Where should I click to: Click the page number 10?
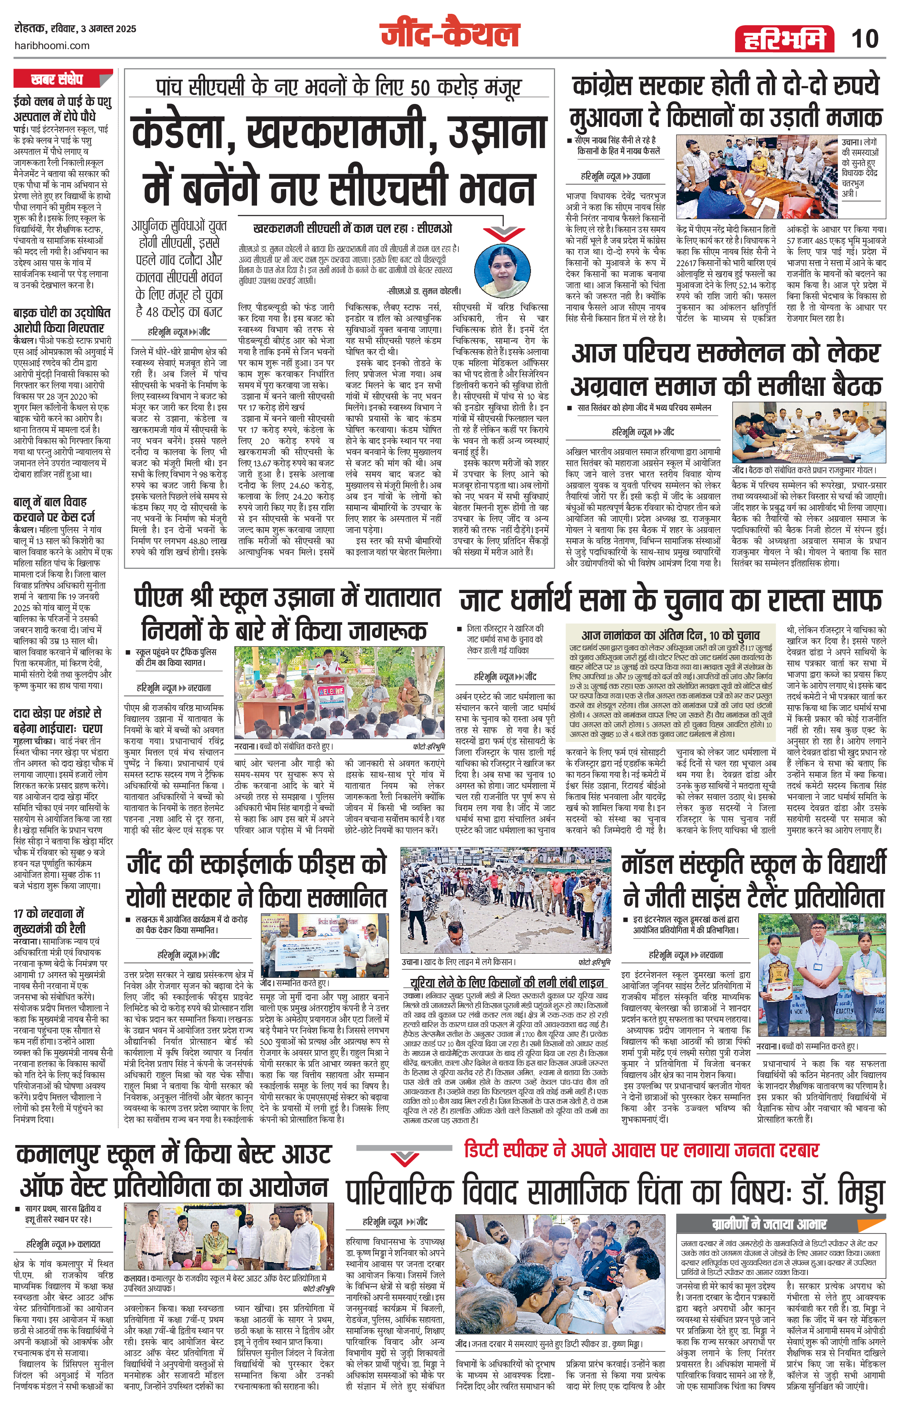(864, 39)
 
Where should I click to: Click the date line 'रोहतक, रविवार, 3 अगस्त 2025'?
(75, 28)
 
